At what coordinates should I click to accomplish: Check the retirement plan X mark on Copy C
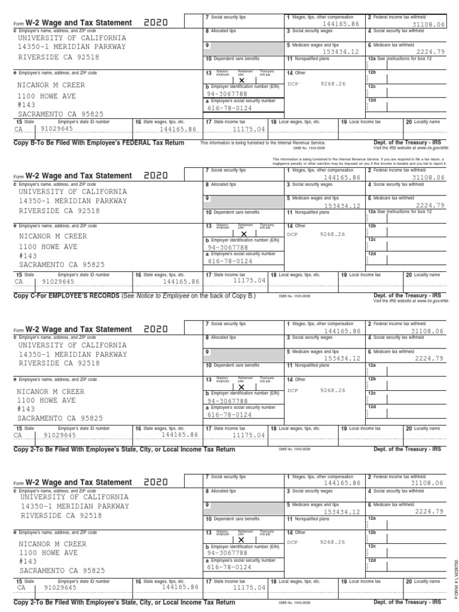[242, 234]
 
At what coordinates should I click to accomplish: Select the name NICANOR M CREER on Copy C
[52, 236]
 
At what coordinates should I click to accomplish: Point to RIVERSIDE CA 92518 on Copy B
[59, 57]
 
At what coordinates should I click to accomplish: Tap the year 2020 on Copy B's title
[156, 23]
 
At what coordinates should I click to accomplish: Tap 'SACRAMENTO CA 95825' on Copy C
[61, 265]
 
